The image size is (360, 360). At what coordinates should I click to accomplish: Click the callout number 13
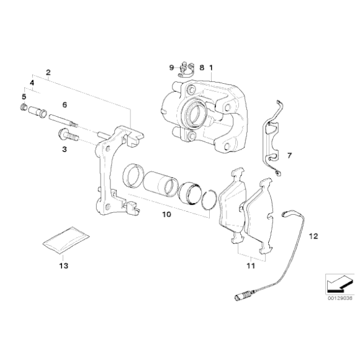click(x=63, y=266)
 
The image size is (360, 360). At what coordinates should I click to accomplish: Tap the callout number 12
click(x=313, y=236)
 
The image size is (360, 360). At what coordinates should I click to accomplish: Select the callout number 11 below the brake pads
click(x=251, y=266)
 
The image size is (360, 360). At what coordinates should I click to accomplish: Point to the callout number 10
click(x=167, y=214)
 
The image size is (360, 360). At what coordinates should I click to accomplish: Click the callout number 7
click(x=289, y=156)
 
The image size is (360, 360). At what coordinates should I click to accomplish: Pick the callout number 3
click(x=65, y=149)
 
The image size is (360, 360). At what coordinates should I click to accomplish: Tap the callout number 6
click(x=65, y=105)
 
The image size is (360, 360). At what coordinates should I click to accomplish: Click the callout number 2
click(x=48, y=73)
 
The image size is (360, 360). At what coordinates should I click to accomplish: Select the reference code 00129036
click(x=340, y=298)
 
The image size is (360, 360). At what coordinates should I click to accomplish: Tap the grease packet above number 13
click(x=66, y=240)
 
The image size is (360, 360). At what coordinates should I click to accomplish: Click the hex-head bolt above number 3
click(x=68, y=135)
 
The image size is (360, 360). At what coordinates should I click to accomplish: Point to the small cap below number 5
click(x=24, y=107)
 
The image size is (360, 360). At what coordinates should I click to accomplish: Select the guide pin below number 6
click(x=63, y=120)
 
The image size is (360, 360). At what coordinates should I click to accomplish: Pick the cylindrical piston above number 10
click(x=161, y=182)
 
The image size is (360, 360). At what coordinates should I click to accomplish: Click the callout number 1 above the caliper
click(x=211, y=68)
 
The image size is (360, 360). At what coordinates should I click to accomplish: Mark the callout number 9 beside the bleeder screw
click(x=171, y=68)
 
